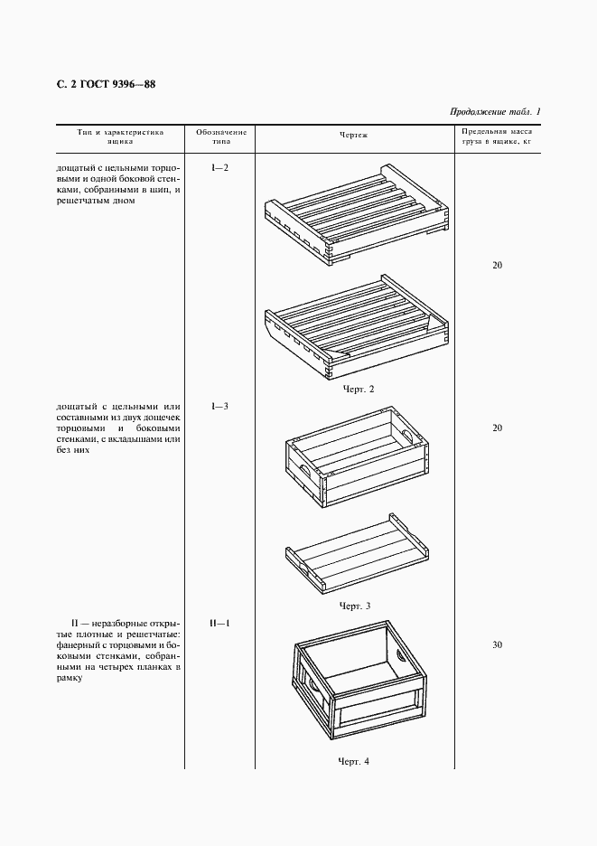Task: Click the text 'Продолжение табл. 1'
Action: [494, 112]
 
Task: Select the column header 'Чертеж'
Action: [354, 136]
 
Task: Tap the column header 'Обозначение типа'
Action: [220, 136]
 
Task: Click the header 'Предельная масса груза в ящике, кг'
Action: [496, 136]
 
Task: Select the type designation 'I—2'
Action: [219, 167]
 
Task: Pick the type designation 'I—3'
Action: [219, 406]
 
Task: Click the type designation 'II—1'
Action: [219, 624]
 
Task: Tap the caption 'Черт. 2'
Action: [358, 389]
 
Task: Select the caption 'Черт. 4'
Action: [354, 761]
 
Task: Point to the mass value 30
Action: [497, 645]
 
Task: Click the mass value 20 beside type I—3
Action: [497, 428]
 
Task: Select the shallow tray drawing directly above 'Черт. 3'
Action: [355, 553]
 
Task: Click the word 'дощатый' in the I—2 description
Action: [75, 168]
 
